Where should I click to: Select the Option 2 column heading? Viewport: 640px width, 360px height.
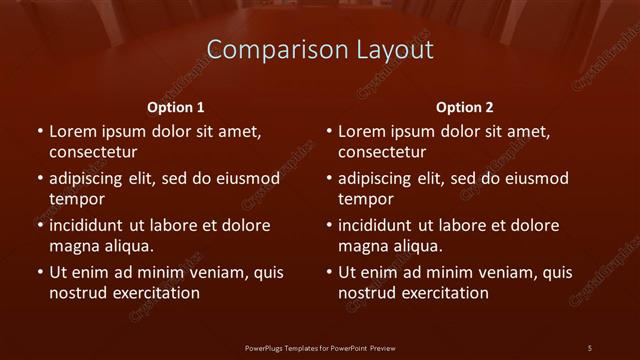(x=464, y=108)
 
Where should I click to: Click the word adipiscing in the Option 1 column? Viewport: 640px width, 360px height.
(x=92, y=179)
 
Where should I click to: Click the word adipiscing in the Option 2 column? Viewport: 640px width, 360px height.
(x=381, y=179)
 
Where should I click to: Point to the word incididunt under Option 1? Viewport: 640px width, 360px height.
(x=92, y=226)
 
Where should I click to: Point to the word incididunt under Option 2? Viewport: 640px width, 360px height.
(x=381, y=226)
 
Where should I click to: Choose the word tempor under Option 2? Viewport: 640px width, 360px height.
(x=364, y=199)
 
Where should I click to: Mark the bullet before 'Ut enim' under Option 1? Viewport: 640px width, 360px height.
(x=39, y=272)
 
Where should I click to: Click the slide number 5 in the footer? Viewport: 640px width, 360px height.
(x=589, y=348)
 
